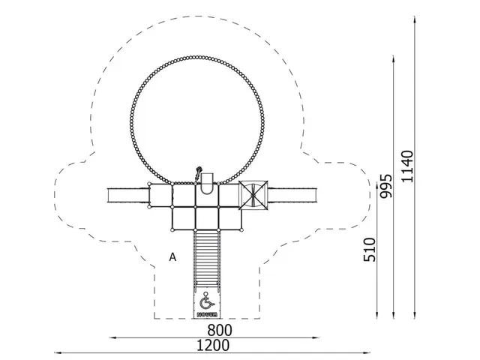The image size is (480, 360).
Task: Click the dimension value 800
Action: [x=220, y=330]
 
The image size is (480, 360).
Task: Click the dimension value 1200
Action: [x=213, y=345]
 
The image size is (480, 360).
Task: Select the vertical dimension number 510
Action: [x=370, y=250]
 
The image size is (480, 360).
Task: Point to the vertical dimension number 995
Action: [x=385, y=186]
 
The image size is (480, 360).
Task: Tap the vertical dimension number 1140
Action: [x=407, y=166]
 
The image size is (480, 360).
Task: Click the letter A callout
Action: [x=172, y=257]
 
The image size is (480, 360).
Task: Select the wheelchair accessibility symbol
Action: [x=206, y=301]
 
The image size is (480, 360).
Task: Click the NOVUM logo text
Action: [x=207, y=314]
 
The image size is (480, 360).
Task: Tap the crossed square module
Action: [x=253, y=195]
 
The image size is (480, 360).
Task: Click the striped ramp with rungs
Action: [x=207, y=259]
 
